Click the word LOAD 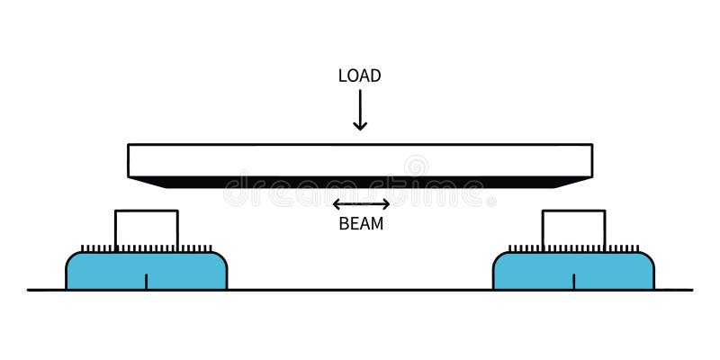[x=359, y=76]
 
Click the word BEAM [x=361, y=224]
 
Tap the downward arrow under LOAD [x=360, y=110]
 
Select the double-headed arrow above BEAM [x=361, y=204]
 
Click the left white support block [x=147, y=229]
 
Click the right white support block [x=573, y=229]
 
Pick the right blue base [x=621, y=270]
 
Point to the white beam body [x=360, y=160]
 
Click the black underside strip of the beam [x=360, y=182]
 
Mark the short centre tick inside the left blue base [x=147, y=281]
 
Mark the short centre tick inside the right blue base [x=574, y=281]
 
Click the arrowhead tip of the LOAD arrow [x=360, y=128]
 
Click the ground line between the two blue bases [x=360, y=290]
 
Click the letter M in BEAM [x=376, y=224]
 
